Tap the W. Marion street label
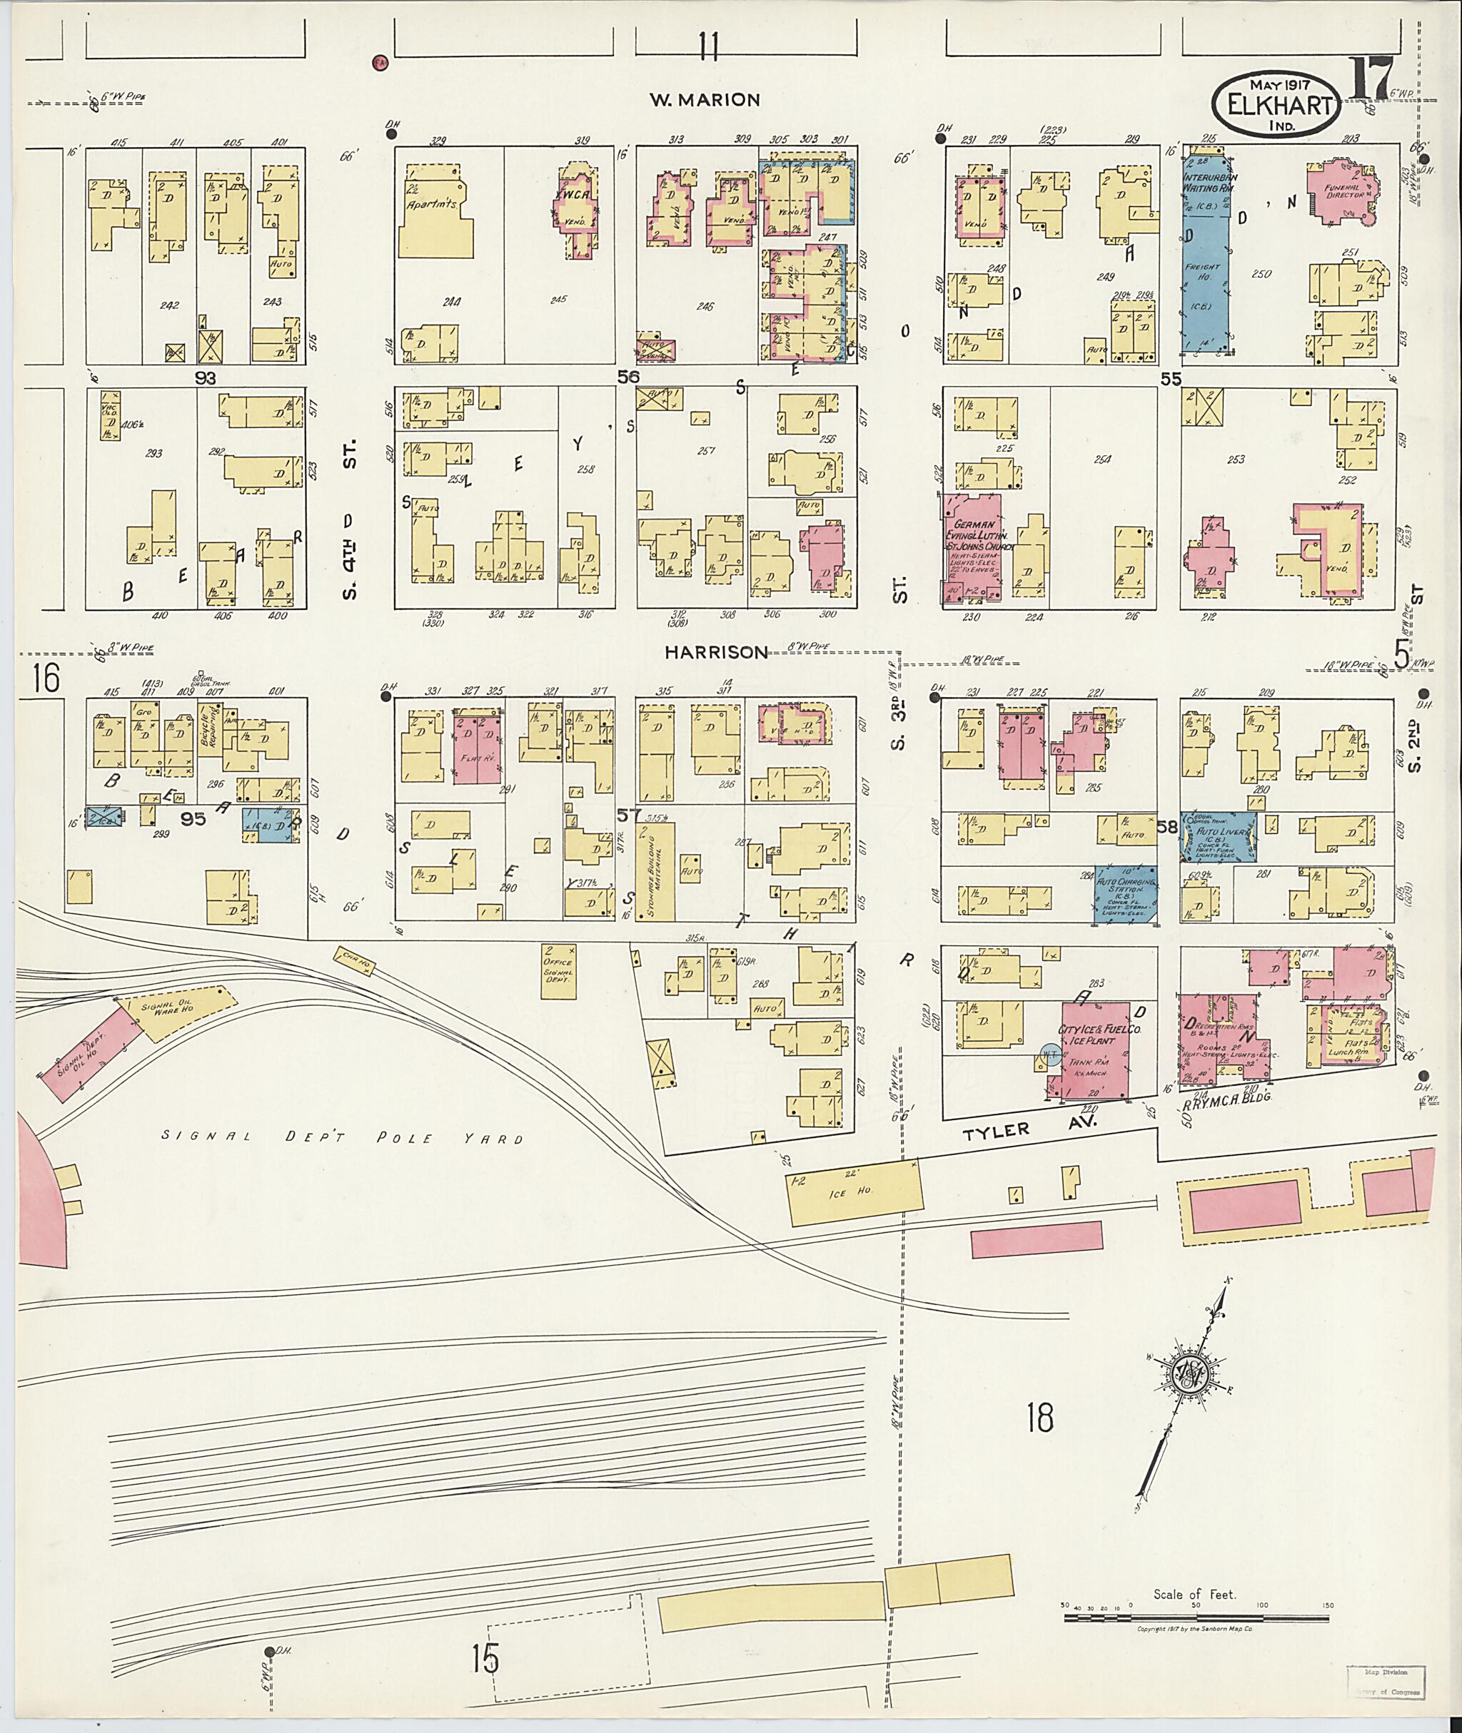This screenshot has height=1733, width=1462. point(704,100)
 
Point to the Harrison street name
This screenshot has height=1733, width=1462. point(716,653)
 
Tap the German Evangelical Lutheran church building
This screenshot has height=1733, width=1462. point(972,547)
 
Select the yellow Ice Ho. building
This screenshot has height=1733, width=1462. point(854,1194)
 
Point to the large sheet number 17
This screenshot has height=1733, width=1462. point(1373,81)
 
